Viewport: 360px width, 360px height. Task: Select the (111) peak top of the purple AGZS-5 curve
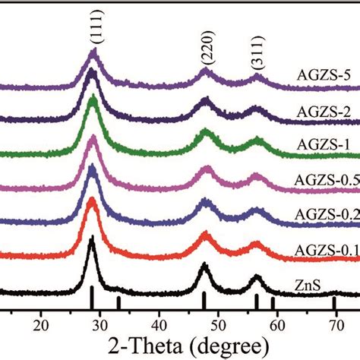94,51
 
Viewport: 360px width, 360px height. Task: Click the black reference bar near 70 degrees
334,304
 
